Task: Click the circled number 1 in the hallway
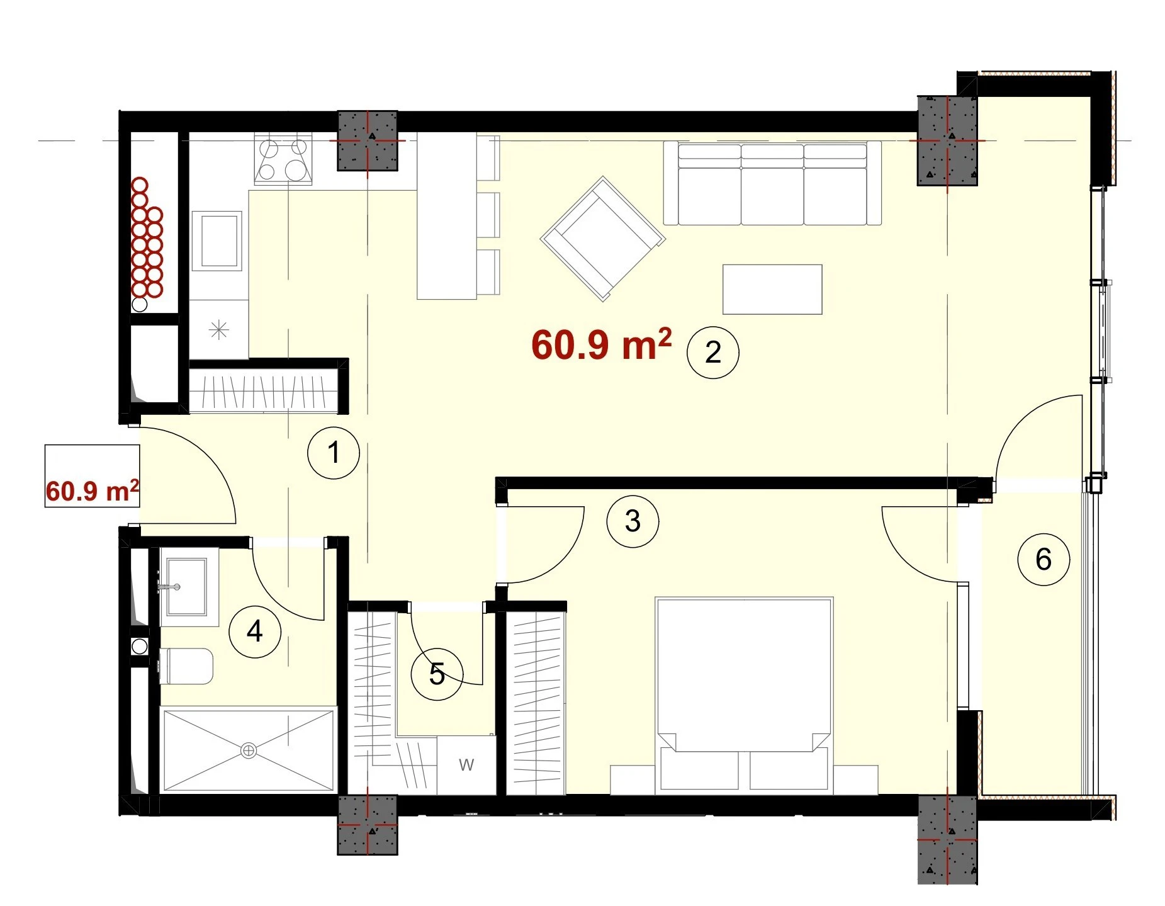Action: coord(334,452)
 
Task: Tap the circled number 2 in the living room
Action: coord(712,352)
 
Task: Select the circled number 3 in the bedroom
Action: coord(633,521)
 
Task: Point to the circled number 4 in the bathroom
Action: coord(254,631)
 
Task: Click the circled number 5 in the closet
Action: coord(437,674)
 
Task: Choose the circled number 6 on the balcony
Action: coord(1044,559)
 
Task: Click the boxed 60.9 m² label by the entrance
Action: coord(92,476)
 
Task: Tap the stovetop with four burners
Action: coord(283,160)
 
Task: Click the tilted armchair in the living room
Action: coord(602,239)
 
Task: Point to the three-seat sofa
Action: coord(772,183)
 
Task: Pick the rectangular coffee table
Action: coord(772,290)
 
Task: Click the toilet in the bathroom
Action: coord(186,666)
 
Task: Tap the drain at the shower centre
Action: coord(249,750)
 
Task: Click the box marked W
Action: coord(466,765)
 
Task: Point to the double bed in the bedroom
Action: coord(744,694)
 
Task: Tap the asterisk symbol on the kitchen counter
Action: coord(218,330)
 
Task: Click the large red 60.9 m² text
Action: coord(602,344)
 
